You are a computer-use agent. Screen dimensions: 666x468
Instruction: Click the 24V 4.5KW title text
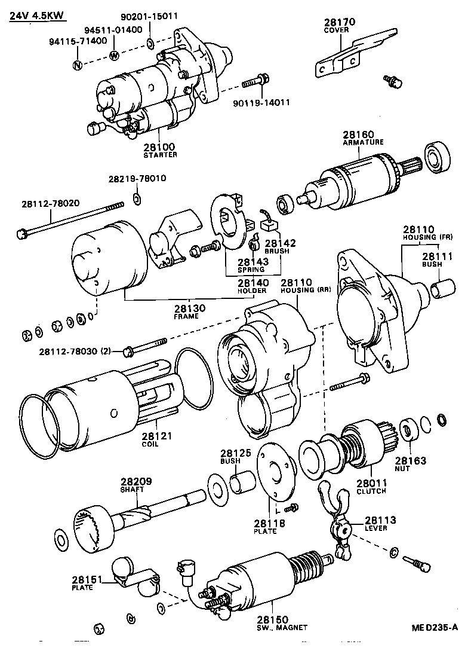37,14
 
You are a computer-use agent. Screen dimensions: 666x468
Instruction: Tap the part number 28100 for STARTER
159,146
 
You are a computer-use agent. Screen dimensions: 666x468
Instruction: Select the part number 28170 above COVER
340,22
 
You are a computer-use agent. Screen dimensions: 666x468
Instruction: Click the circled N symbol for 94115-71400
77,65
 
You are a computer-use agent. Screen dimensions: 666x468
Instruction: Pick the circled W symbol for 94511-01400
115,56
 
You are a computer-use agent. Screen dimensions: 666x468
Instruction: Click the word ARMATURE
363,142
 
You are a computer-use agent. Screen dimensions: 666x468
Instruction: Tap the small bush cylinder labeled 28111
441,290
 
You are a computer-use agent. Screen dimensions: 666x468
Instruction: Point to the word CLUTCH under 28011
371,491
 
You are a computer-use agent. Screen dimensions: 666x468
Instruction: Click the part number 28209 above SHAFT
133,481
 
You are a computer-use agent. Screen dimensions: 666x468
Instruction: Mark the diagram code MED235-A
434,627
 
